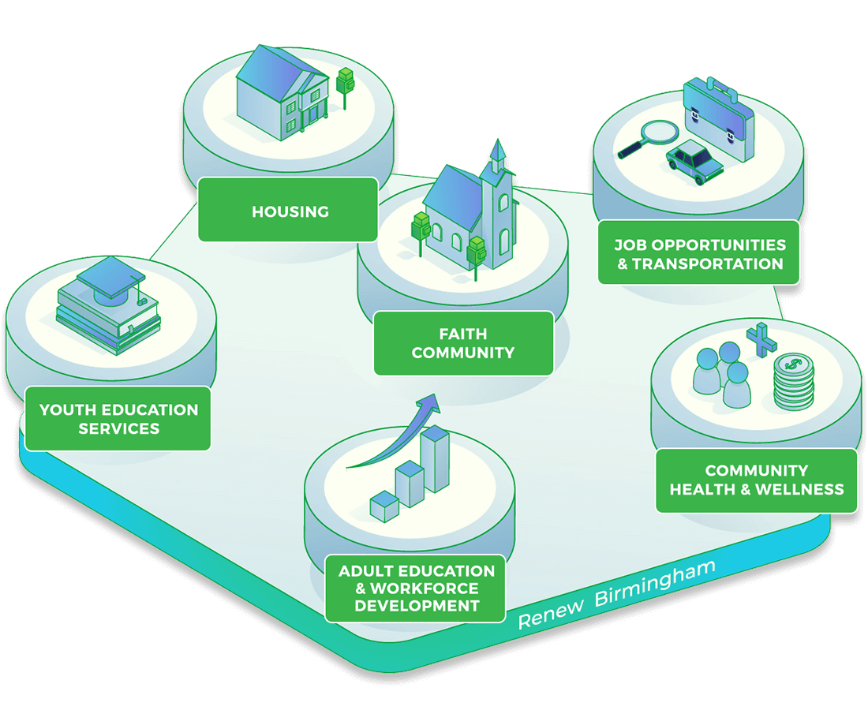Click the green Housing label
289,211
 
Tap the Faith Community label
463,343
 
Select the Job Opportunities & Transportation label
699,253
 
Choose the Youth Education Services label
118,419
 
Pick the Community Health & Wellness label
757,480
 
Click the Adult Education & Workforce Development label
416,589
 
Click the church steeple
497,158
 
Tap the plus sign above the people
761,338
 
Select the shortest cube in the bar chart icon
384,504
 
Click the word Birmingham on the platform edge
656,585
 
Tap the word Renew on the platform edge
551,613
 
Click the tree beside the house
345,83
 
